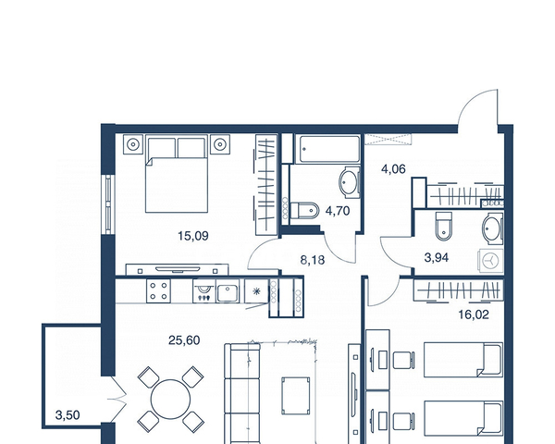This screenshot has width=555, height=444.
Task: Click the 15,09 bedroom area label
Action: (193, 236)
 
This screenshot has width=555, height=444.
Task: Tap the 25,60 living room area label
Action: (184, 340)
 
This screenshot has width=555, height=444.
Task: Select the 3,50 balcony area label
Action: (68, 414)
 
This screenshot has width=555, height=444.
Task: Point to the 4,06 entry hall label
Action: (393, 169)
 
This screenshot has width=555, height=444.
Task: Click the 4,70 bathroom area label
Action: (338, 211)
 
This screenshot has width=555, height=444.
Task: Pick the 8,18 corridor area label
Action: (313, 260)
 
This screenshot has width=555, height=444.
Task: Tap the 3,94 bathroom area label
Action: (437, 257)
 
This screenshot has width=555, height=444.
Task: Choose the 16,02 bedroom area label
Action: (474, 314)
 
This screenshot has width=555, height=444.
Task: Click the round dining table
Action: (170, 399)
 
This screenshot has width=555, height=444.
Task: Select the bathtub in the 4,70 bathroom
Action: (328, 149)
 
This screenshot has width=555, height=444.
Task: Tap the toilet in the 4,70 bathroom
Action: (305, 211)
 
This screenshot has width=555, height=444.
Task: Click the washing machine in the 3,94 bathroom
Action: (490, 261)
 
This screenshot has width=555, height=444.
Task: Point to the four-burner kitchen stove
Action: (158, 290)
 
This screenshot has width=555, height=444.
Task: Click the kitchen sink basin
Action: (228, 293)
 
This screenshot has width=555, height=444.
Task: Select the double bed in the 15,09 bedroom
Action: (177, 174)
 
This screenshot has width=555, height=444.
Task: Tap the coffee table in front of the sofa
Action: (296, 396)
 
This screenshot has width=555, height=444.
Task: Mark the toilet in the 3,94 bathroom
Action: (444, 226)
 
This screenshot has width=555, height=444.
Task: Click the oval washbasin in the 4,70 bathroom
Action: (349, 182)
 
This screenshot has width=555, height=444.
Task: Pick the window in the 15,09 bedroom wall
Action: (108, 204)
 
